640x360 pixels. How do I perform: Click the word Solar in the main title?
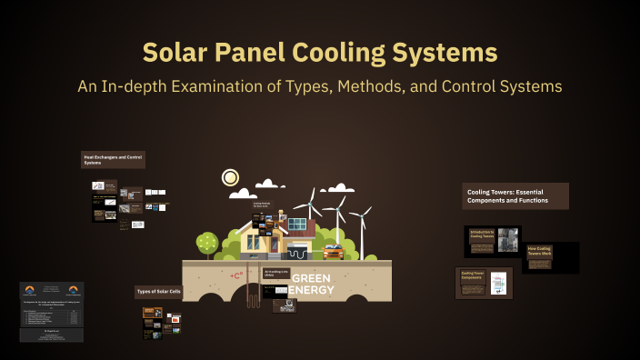182,52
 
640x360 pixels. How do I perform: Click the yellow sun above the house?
230,177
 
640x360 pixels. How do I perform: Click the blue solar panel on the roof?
297,223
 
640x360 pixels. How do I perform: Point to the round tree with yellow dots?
208,242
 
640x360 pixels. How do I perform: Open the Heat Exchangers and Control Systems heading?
113,160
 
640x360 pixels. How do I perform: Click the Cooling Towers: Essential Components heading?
515,196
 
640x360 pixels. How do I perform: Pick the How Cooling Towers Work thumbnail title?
540,251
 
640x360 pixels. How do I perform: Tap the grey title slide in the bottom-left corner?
52,311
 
